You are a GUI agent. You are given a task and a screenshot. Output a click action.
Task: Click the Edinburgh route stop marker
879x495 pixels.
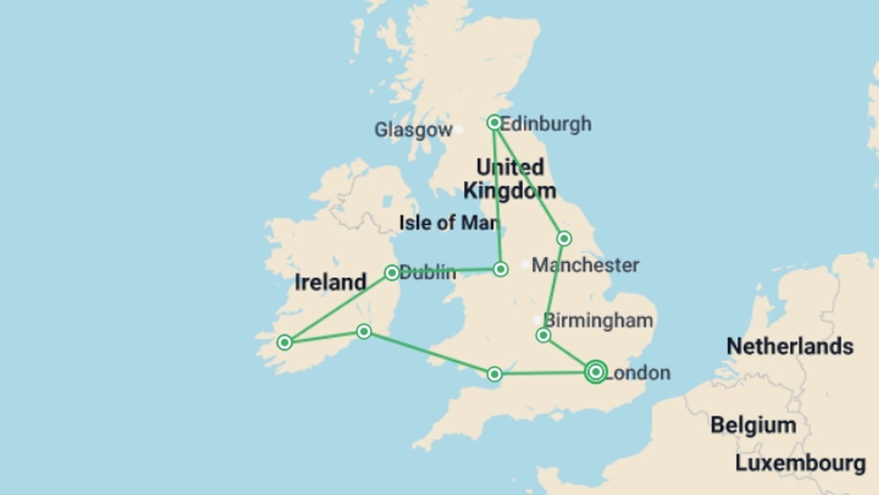pos(494,122)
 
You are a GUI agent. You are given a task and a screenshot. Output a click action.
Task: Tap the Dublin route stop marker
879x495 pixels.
pos(392,273)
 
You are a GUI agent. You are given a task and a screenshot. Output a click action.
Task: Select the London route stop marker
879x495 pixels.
pos(596,372)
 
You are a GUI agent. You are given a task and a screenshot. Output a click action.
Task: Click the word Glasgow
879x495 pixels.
pos(413,130)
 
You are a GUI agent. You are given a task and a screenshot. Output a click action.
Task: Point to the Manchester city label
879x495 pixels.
pos(585,265)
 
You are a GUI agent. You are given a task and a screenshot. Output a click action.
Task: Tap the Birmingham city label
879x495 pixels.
pos(598,320)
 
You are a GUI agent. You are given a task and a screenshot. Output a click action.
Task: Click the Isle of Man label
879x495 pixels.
pos(449,223)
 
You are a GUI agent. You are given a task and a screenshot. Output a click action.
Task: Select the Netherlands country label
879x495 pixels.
pos(790,346)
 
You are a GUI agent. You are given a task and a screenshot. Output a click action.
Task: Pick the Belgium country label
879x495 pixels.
pos(753,425)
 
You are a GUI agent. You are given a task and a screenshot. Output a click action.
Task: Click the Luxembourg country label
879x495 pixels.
pos(800,463)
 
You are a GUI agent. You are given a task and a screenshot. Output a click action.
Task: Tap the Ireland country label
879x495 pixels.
pos(330,282)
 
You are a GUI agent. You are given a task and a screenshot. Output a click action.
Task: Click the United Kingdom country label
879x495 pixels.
pos(510,179)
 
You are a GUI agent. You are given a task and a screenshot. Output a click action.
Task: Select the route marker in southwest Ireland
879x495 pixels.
pos(284,342)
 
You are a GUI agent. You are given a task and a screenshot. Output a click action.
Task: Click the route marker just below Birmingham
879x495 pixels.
pos(543,335)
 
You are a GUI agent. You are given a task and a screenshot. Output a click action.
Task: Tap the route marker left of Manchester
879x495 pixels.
pos(500,269)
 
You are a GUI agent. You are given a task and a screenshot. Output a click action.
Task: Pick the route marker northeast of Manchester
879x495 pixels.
pos(564,238)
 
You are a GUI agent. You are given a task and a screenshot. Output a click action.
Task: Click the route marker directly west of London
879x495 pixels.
pos(494,374)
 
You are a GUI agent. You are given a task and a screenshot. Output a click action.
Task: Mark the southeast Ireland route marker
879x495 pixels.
pos(364,331)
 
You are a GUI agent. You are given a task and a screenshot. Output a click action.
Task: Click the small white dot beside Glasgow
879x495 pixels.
pos(458,130)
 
